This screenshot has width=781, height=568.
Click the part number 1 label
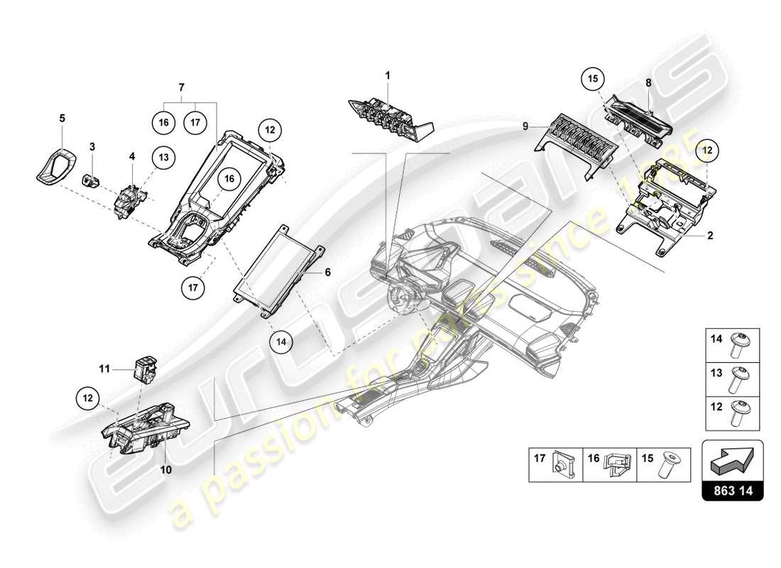coord(388,75)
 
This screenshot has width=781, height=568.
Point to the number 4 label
coord(131,154)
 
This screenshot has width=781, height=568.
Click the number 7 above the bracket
coord(181,87)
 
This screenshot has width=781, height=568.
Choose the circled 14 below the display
coord(281,341)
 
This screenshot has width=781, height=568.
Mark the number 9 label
coord(525,127)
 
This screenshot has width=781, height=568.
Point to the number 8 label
coord(648,83)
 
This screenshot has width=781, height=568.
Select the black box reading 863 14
coord(732,491)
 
